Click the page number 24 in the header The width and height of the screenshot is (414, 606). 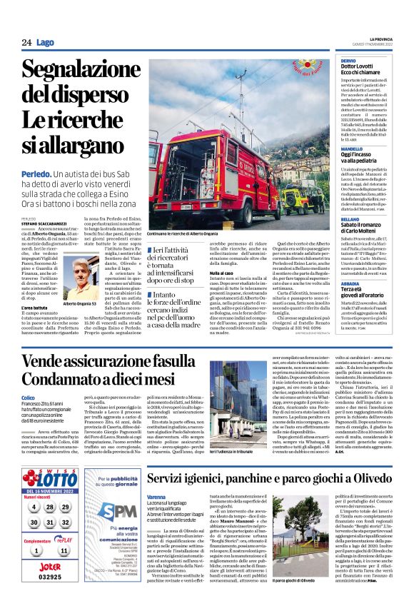click(x=26, y=43)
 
